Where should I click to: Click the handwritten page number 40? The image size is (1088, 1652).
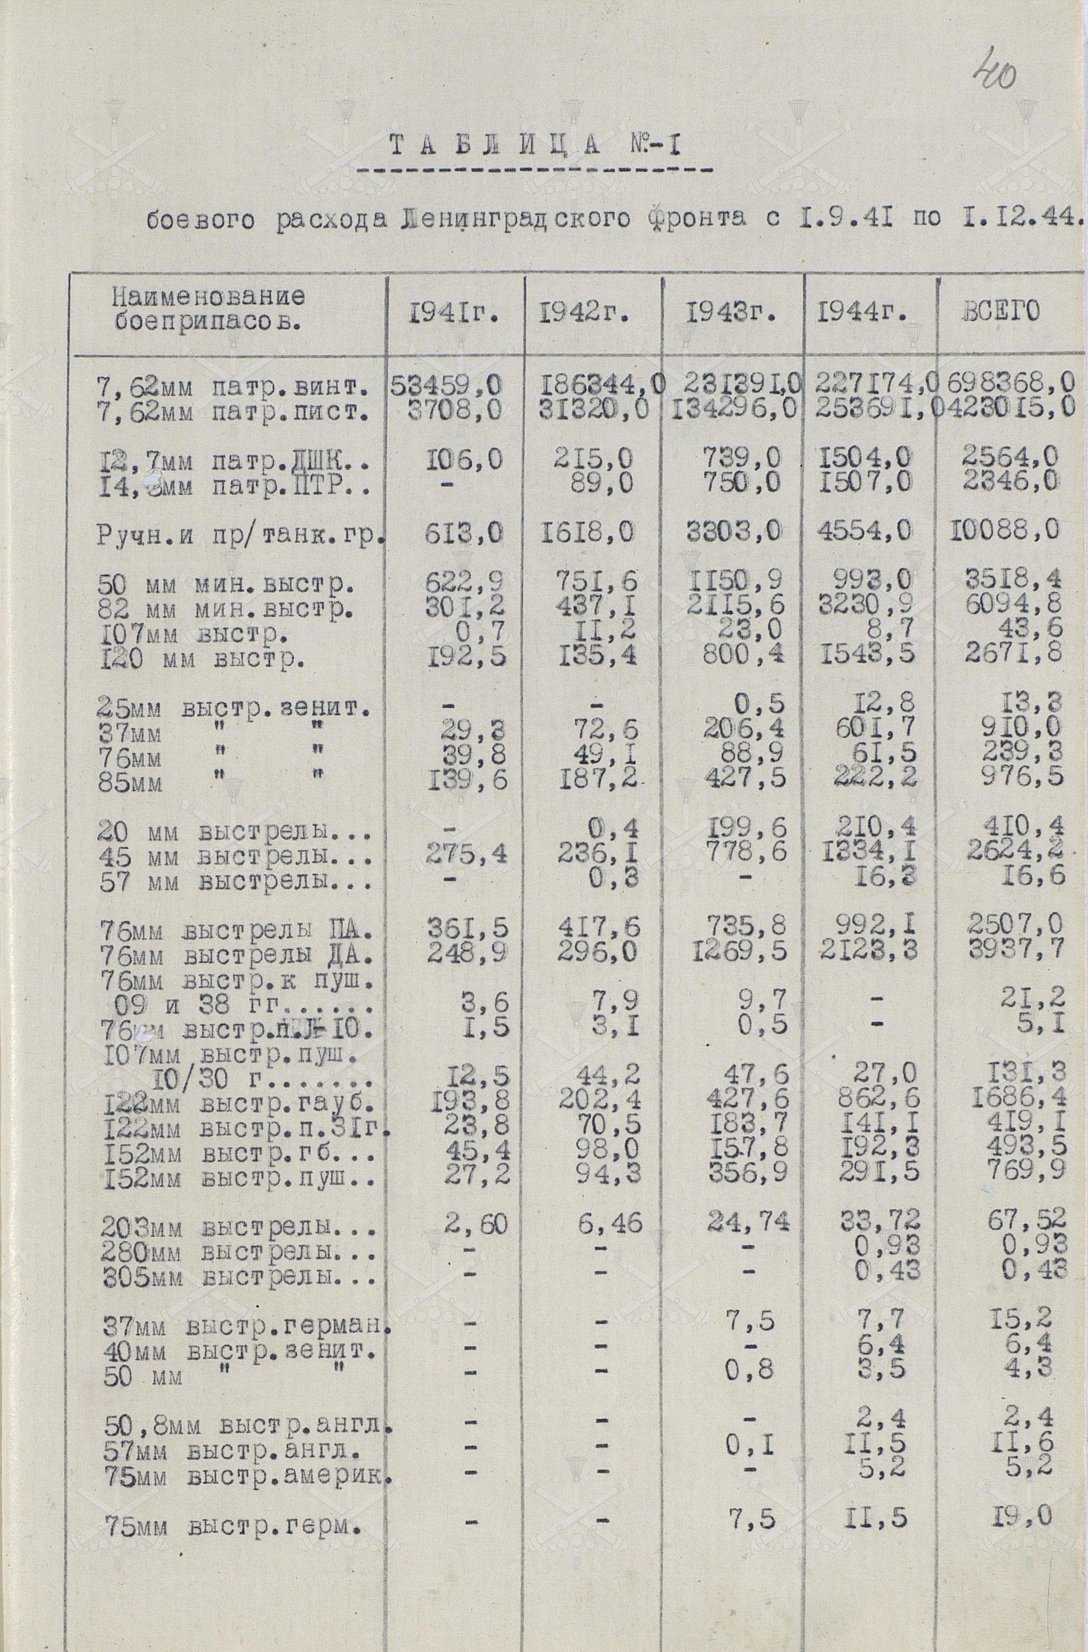tap(995, 73)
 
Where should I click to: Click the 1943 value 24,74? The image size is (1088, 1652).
tap(748, 1222)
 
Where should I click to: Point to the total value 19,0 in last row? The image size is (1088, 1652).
tap(1023, 1515)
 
